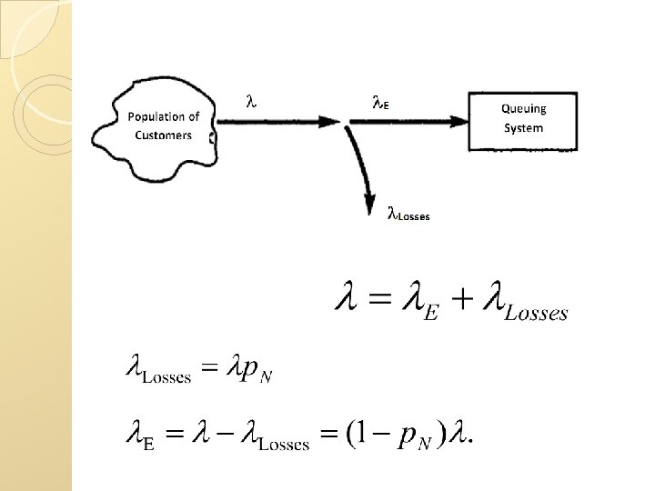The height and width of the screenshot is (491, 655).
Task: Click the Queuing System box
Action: (523, 120)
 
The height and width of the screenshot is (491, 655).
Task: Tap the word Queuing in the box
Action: (524, 108)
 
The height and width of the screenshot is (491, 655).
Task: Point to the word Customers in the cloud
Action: (164, 135)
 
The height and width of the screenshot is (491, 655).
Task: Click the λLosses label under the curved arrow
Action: (408, 215)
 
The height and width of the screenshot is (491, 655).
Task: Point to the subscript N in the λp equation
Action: (265, 378)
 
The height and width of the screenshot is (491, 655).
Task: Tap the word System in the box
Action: (524, 127)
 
